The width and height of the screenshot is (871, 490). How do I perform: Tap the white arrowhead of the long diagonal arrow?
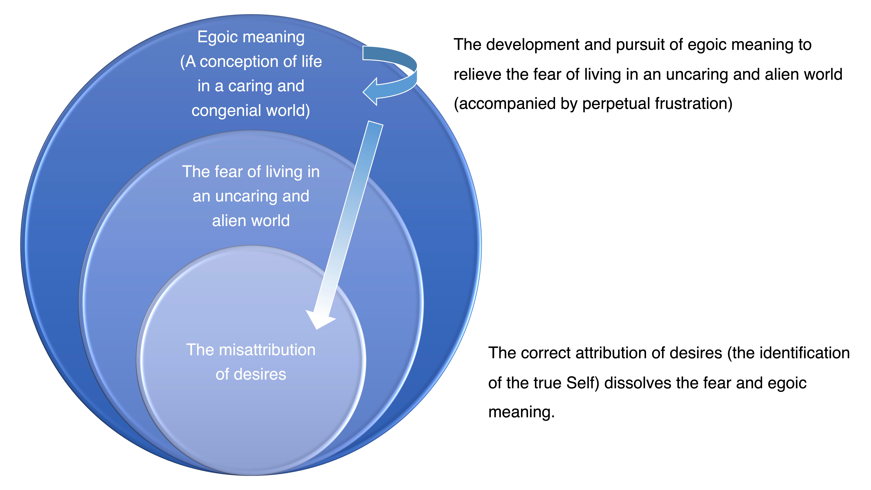[x=320, y=320]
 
